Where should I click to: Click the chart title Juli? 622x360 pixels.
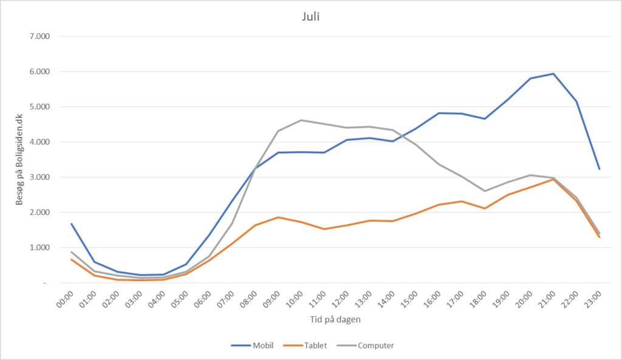[x=310, y=17]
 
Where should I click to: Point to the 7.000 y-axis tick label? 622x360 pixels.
[x=39, y=36]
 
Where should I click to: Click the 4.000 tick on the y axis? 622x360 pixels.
[x=39, y=142]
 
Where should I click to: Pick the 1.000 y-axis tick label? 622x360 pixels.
[x=39, y=248]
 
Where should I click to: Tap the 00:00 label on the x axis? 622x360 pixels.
[x=65, y=299]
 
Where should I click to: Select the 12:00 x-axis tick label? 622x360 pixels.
[x=340, y=299]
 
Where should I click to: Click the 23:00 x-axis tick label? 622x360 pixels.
[x=593, y=299]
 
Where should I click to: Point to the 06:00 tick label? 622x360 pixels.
[x=203, y=299]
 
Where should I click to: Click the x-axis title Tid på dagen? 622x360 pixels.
[x=335, y=319]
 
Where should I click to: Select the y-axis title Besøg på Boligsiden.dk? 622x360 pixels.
[x=19, y=160]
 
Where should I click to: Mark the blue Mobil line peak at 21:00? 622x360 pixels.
[x=553, y=73]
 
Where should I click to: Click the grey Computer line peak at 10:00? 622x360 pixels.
[x=301, y=120]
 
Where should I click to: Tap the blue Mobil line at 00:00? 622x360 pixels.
[x=72, y=224]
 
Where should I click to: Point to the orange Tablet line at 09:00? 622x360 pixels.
[x=278, y=217]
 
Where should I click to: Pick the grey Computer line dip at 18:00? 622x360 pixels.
[x=484, y=191]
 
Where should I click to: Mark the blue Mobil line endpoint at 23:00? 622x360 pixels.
[x=599, y=169]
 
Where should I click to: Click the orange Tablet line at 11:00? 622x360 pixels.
[x=324, y=229]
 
